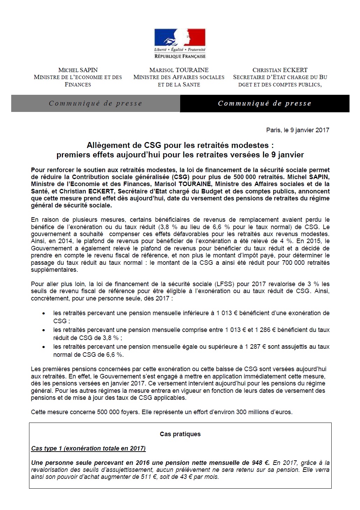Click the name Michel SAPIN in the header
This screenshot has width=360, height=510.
78,70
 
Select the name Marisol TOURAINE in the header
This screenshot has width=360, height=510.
179,70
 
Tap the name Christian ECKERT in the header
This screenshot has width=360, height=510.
280,70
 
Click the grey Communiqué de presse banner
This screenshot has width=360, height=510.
96,104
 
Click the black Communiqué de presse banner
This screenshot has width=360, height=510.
264,104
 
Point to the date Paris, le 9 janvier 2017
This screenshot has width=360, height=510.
297,130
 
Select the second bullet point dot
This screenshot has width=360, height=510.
43,330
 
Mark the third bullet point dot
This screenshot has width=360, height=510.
43,347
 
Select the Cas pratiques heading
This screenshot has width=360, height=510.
180,434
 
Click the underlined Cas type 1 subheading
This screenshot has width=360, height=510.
89,448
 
